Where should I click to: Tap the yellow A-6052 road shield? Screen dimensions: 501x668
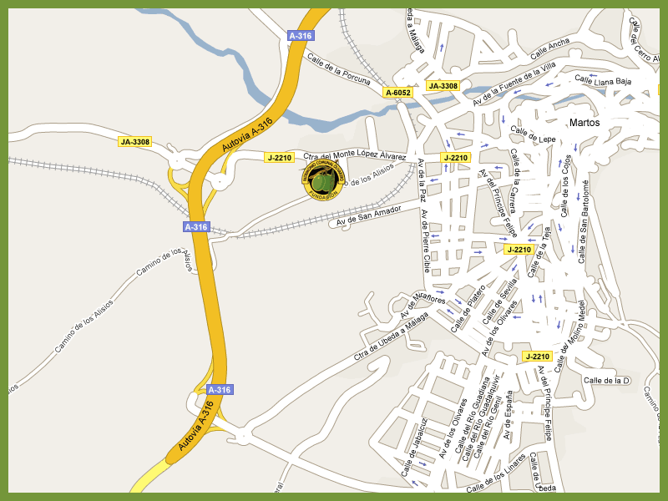[398, 93]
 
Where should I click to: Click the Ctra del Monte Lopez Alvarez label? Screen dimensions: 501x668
[356, 156]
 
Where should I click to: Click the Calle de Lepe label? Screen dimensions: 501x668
[534, 134]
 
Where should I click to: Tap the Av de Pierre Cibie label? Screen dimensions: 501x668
[426, 241]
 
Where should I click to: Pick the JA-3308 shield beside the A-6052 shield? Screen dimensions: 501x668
[443, 86]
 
